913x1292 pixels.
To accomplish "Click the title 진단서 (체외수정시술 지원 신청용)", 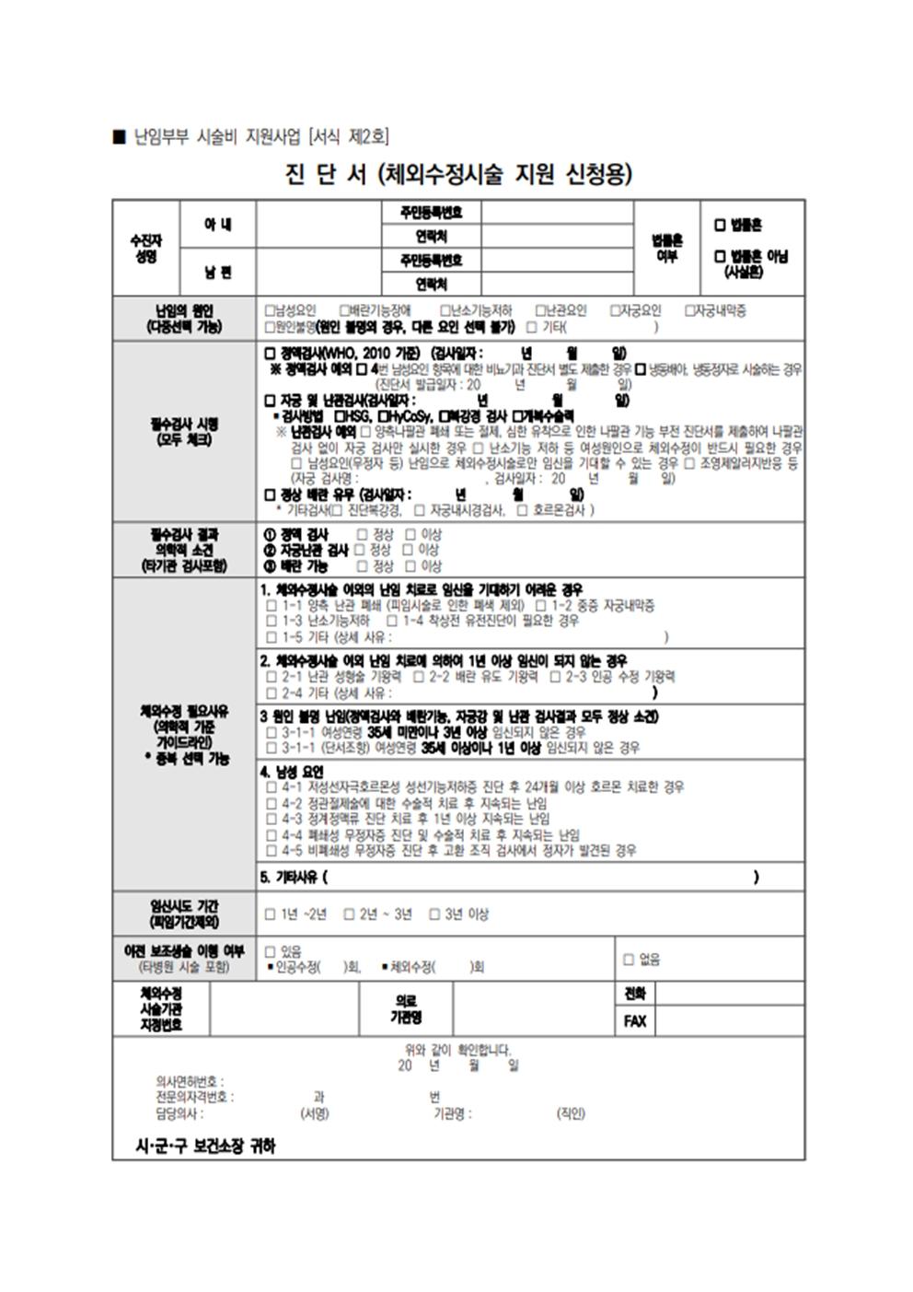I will (x=458, y=174).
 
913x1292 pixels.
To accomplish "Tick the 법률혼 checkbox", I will (x=721, y=225).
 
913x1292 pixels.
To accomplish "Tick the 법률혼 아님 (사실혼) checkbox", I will (x=721, y=256).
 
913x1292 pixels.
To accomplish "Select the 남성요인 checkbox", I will (x=270, y=310).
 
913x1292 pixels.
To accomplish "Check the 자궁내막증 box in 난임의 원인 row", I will (x=689, y=310).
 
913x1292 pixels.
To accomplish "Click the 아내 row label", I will (x=217, y=224).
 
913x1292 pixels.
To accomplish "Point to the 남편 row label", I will (x=217, y=272).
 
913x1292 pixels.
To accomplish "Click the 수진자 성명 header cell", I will (x=145, y=248).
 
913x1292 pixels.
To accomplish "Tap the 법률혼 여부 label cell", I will (x=666, y=248).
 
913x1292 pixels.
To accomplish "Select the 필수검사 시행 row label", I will (x=184, y=432).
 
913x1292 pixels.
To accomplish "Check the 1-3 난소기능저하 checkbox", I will (x=271, y=622).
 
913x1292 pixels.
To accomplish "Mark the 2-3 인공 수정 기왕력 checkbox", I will (x=555, y=677).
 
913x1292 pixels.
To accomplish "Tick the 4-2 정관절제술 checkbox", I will (x=271, y=803).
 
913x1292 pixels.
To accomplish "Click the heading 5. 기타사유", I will (x=292, y=878).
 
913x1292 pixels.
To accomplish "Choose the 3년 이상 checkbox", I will (x=434, y=914).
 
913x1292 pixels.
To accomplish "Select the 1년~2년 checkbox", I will (x=271, y=914).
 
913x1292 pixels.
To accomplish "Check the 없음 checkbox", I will (x=629, y=960).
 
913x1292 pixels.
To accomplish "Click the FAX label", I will (x=634, y=1021).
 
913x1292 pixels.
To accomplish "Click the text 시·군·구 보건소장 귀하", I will (x=205, y=1147).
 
